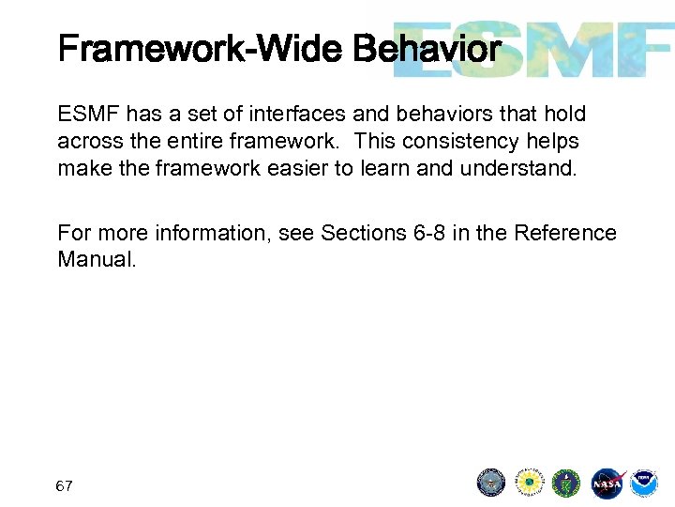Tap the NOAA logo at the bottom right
pos(644,484)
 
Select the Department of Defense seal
pos(491,484)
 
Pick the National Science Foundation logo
pos(529,484)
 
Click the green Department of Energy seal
pos(566,484)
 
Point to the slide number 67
pos(65,486)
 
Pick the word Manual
pos(96,259)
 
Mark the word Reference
pos(567,232)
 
